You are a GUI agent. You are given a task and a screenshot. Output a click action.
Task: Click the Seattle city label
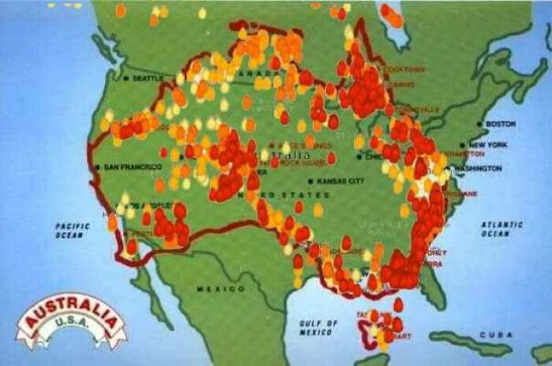tap(148, 78)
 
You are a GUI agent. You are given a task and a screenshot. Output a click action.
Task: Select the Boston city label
tap(501, 124)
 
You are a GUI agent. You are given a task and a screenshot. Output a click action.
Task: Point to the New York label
tap(489, 145)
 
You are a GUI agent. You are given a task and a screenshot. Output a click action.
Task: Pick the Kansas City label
tap(341, 181)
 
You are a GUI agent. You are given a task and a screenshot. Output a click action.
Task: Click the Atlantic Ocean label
tap(502, 229)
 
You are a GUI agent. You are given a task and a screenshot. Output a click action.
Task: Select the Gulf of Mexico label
tap(319, 327)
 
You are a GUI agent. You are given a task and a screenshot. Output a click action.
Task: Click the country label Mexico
tap(210, 289)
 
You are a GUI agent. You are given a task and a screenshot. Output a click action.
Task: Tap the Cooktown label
tap(404, 69)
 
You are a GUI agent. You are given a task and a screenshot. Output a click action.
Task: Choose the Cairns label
tap(402, 84)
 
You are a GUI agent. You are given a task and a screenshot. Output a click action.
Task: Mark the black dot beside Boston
tap(479, 125)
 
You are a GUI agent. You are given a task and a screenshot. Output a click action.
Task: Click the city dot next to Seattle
tap(126, 78)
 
